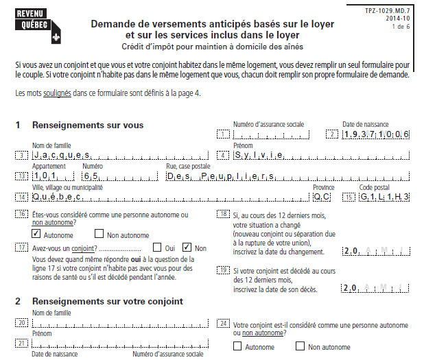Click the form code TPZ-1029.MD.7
click(x=391, y=12)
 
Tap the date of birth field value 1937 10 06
click(x=376, y=134)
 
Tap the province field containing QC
click(x=321, y=197)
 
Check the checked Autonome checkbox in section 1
click(x=38, y=235)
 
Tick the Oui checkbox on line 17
click(x=157, y=248)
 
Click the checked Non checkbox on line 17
click(x=187, y=248)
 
